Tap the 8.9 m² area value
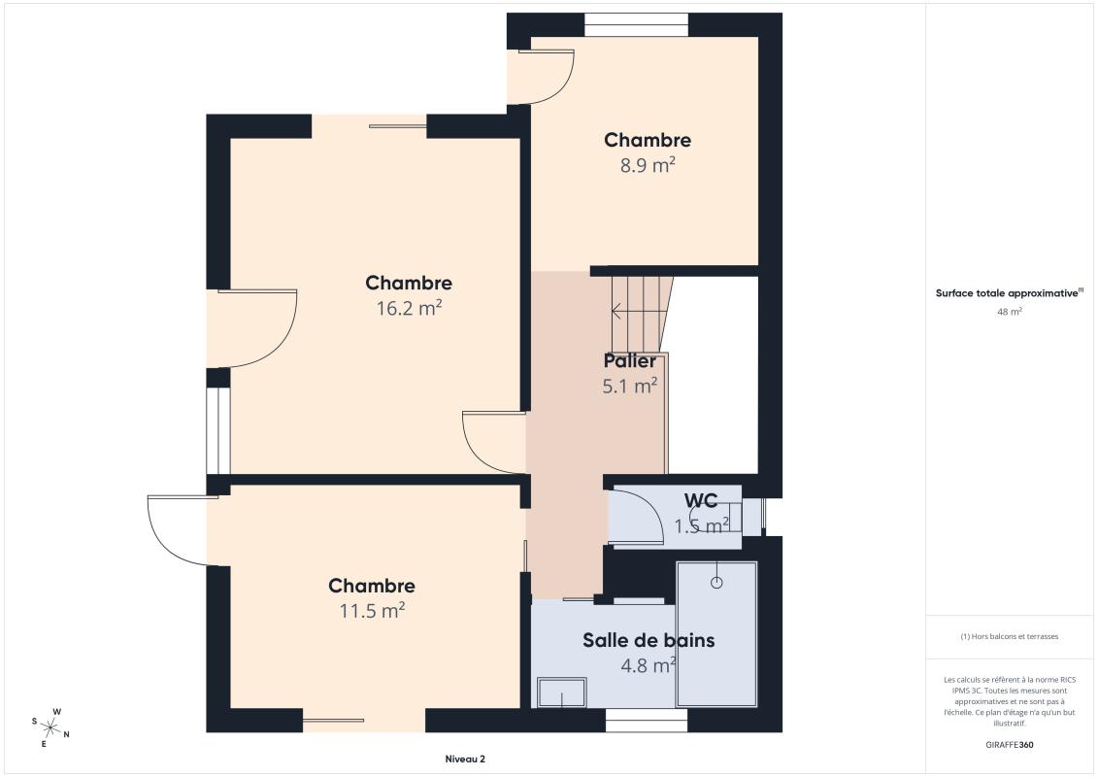(x=648, y=165)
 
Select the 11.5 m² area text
(x=371, y=611)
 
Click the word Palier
(x=629, y=361)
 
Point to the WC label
(x=701, y=501)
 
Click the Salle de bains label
(x=649, y=640)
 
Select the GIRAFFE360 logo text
(x=1010, y=746)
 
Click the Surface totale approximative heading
(x=1008, y=292)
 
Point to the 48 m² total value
(x=1010, y=312)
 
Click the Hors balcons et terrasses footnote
(x=1010, y=637)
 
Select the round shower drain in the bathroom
(x=716, y=583)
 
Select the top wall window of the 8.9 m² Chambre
(x=636, y=24)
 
